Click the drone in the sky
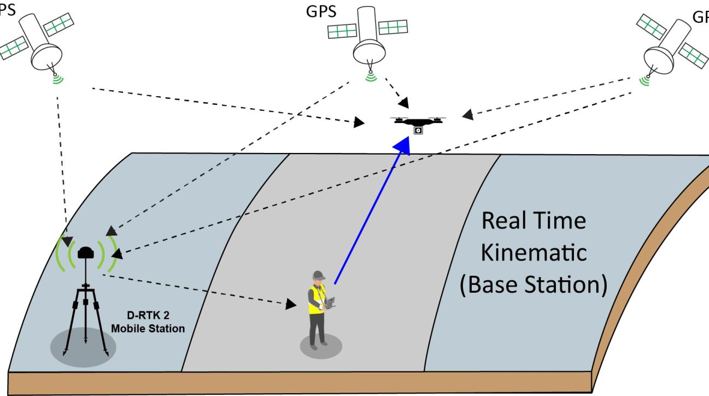pyautogui.click(x=418, y=121)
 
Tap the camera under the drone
pyautogui.click(x=418, y=131)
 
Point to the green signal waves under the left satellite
pyautogui.click(x=57, y=80)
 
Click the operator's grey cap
pyautogui.click(x=319, y=275)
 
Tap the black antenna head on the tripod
pyautogui.click(x=86, y=253)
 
